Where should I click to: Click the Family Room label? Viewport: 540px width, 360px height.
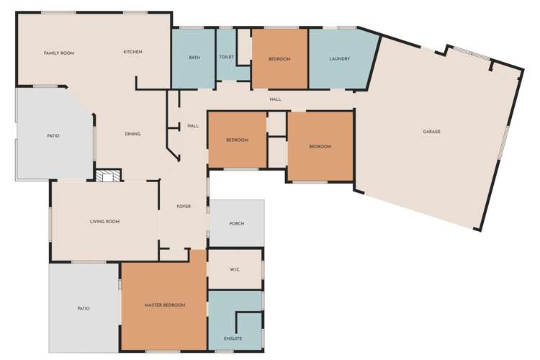click(x=59, y=53)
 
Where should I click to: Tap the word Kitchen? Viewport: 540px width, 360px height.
click(x=132, y=52)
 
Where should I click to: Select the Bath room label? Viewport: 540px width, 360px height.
click(x=194, y=58)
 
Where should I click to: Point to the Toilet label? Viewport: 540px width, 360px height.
click(x=227, y=57)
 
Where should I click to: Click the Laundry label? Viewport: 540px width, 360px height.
click(x=340, y=59)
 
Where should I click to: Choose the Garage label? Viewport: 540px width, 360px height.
click(x=431, y=132)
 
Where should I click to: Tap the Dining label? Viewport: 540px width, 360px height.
click(x=132, y=134)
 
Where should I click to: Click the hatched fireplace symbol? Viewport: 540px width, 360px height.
click(x=109, y=176)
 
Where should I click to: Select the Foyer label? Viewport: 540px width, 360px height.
click(x=184, y=207)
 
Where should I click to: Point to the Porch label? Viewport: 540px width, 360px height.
click(x=237, y=224)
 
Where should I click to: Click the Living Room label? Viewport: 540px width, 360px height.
click(x=104, y=222)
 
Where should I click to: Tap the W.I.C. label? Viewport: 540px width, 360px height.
click(x=235, y=269)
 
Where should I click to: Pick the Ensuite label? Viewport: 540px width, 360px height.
click(x=233, y=338)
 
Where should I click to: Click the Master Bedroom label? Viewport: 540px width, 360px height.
click(x=165, y=305)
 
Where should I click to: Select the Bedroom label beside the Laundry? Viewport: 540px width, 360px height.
click(x=279, y=59)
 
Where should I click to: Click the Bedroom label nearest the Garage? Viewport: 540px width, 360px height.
click(x=320, y=147)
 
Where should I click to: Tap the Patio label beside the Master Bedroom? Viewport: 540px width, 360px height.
click(x=84, y=309)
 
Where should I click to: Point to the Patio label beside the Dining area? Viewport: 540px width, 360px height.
click(x=53, y=136)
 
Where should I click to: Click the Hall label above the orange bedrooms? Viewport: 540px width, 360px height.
click(x=275, y=99)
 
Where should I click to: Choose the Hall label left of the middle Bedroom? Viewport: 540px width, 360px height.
click(x=193, y=126)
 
